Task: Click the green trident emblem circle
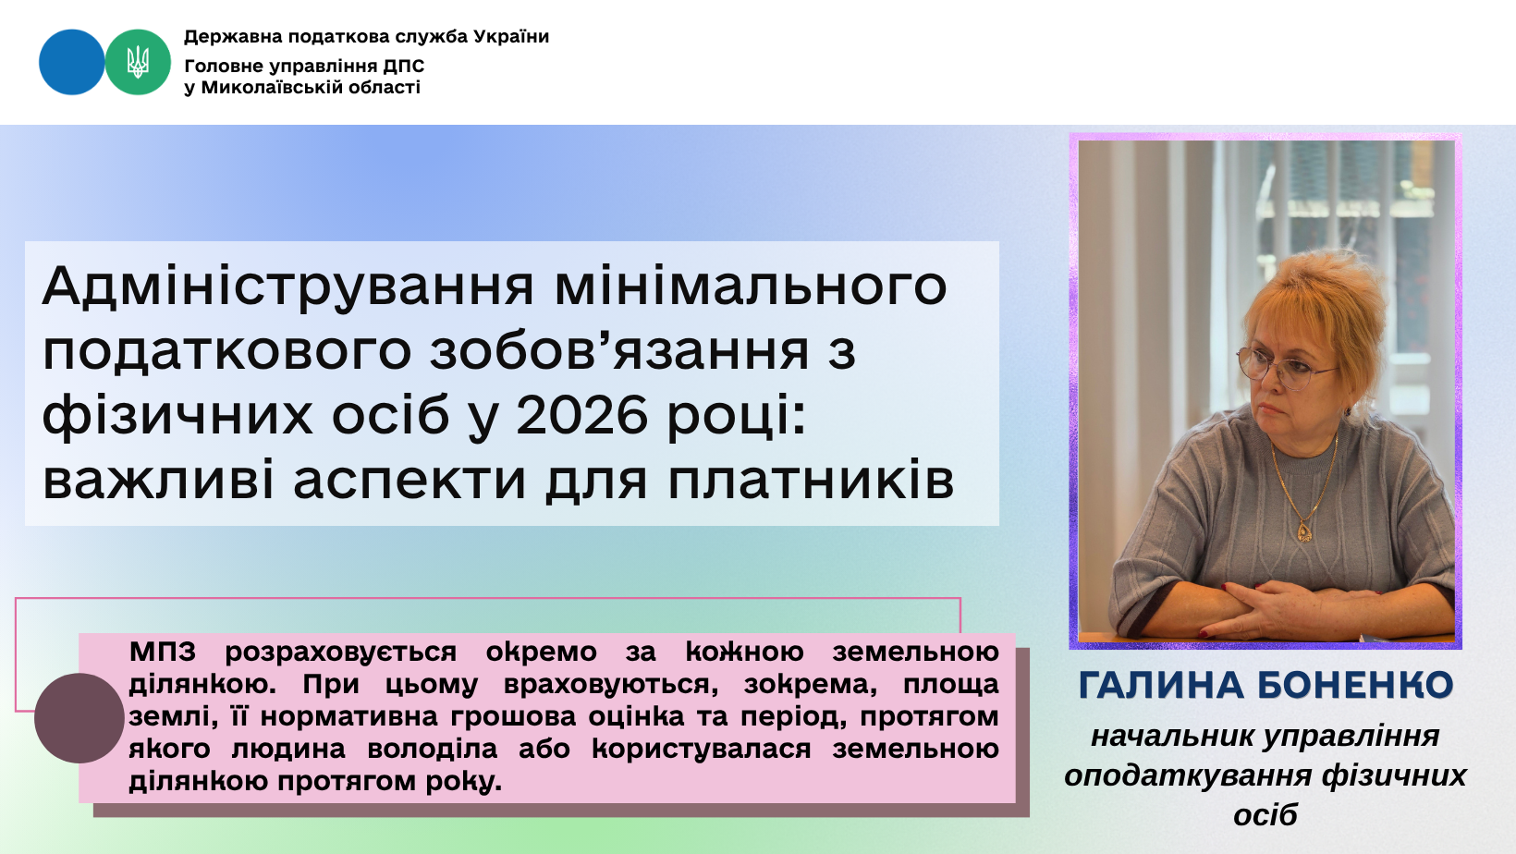pos(138,62)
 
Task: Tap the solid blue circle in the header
pos(72,62)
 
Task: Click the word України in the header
pos(511,36)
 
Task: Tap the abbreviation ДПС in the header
pos(403,67)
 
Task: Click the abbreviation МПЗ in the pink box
pos(163,652)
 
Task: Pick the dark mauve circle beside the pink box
pos(79,718)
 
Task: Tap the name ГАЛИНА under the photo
pos(1161,685)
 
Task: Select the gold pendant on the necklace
pos(1304,530)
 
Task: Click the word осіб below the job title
pos(1265,815)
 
